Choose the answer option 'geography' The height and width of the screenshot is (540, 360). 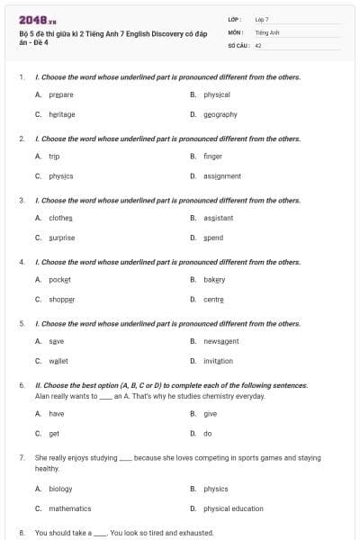tap(220, 114)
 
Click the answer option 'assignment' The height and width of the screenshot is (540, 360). tap(221, 175)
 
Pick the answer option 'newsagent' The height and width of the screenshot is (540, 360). tap(220, 341)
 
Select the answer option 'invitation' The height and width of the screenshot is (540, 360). tap(218, 361)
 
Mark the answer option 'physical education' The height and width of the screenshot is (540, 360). tap(233, 508)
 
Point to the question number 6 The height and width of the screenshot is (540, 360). tap(22, 384)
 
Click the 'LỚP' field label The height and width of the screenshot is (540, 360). tap(234, 19)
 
